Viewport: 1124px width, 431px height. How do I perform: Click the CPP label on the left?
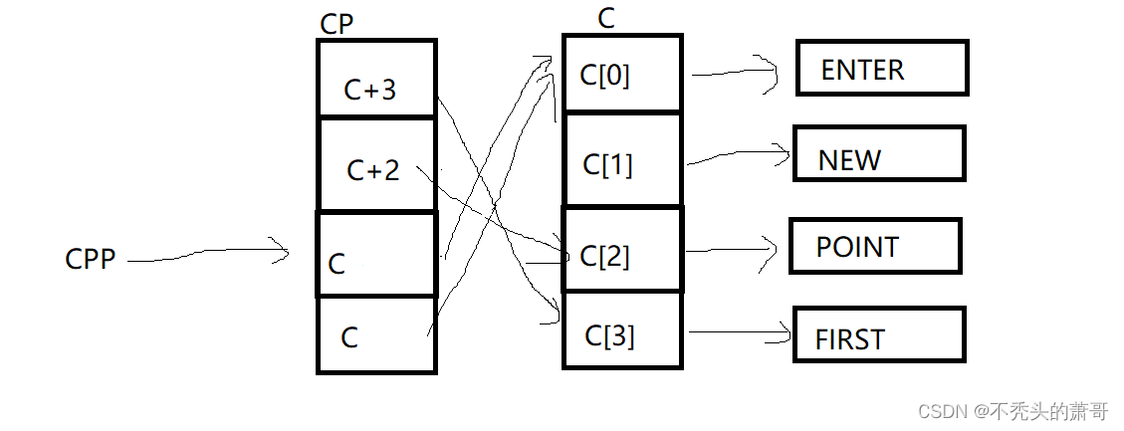(90, 259)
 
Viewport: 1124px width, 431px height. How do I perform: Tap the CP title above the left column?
(337, 23)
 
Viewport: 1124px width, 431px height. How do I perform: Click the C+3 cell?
(376, 80)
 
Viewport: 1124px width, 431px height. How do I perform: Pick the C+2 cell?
(376, 165)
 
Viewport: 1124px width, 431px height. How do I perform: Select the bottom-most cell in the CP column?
(376, 334)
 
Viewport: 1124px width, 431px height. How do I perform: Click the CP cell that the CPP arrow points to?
(376, 255)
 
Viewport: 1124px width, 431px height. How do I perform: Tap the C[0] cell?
(622, 74)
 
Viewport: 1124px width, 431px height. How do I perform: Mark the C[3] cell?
(622, 331)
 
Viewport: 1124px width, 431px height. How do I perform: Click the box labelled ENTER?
(882, 69)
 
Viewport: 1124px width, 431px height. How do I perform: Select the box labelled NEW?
(878, 154)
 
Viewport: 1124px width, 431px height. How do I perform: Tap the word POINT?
(857, 247)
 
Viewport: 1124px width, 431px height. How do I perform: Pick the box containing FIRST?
(879, 335)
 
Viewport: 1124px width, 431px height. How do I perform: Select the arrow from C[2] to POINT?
(732, 249)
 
